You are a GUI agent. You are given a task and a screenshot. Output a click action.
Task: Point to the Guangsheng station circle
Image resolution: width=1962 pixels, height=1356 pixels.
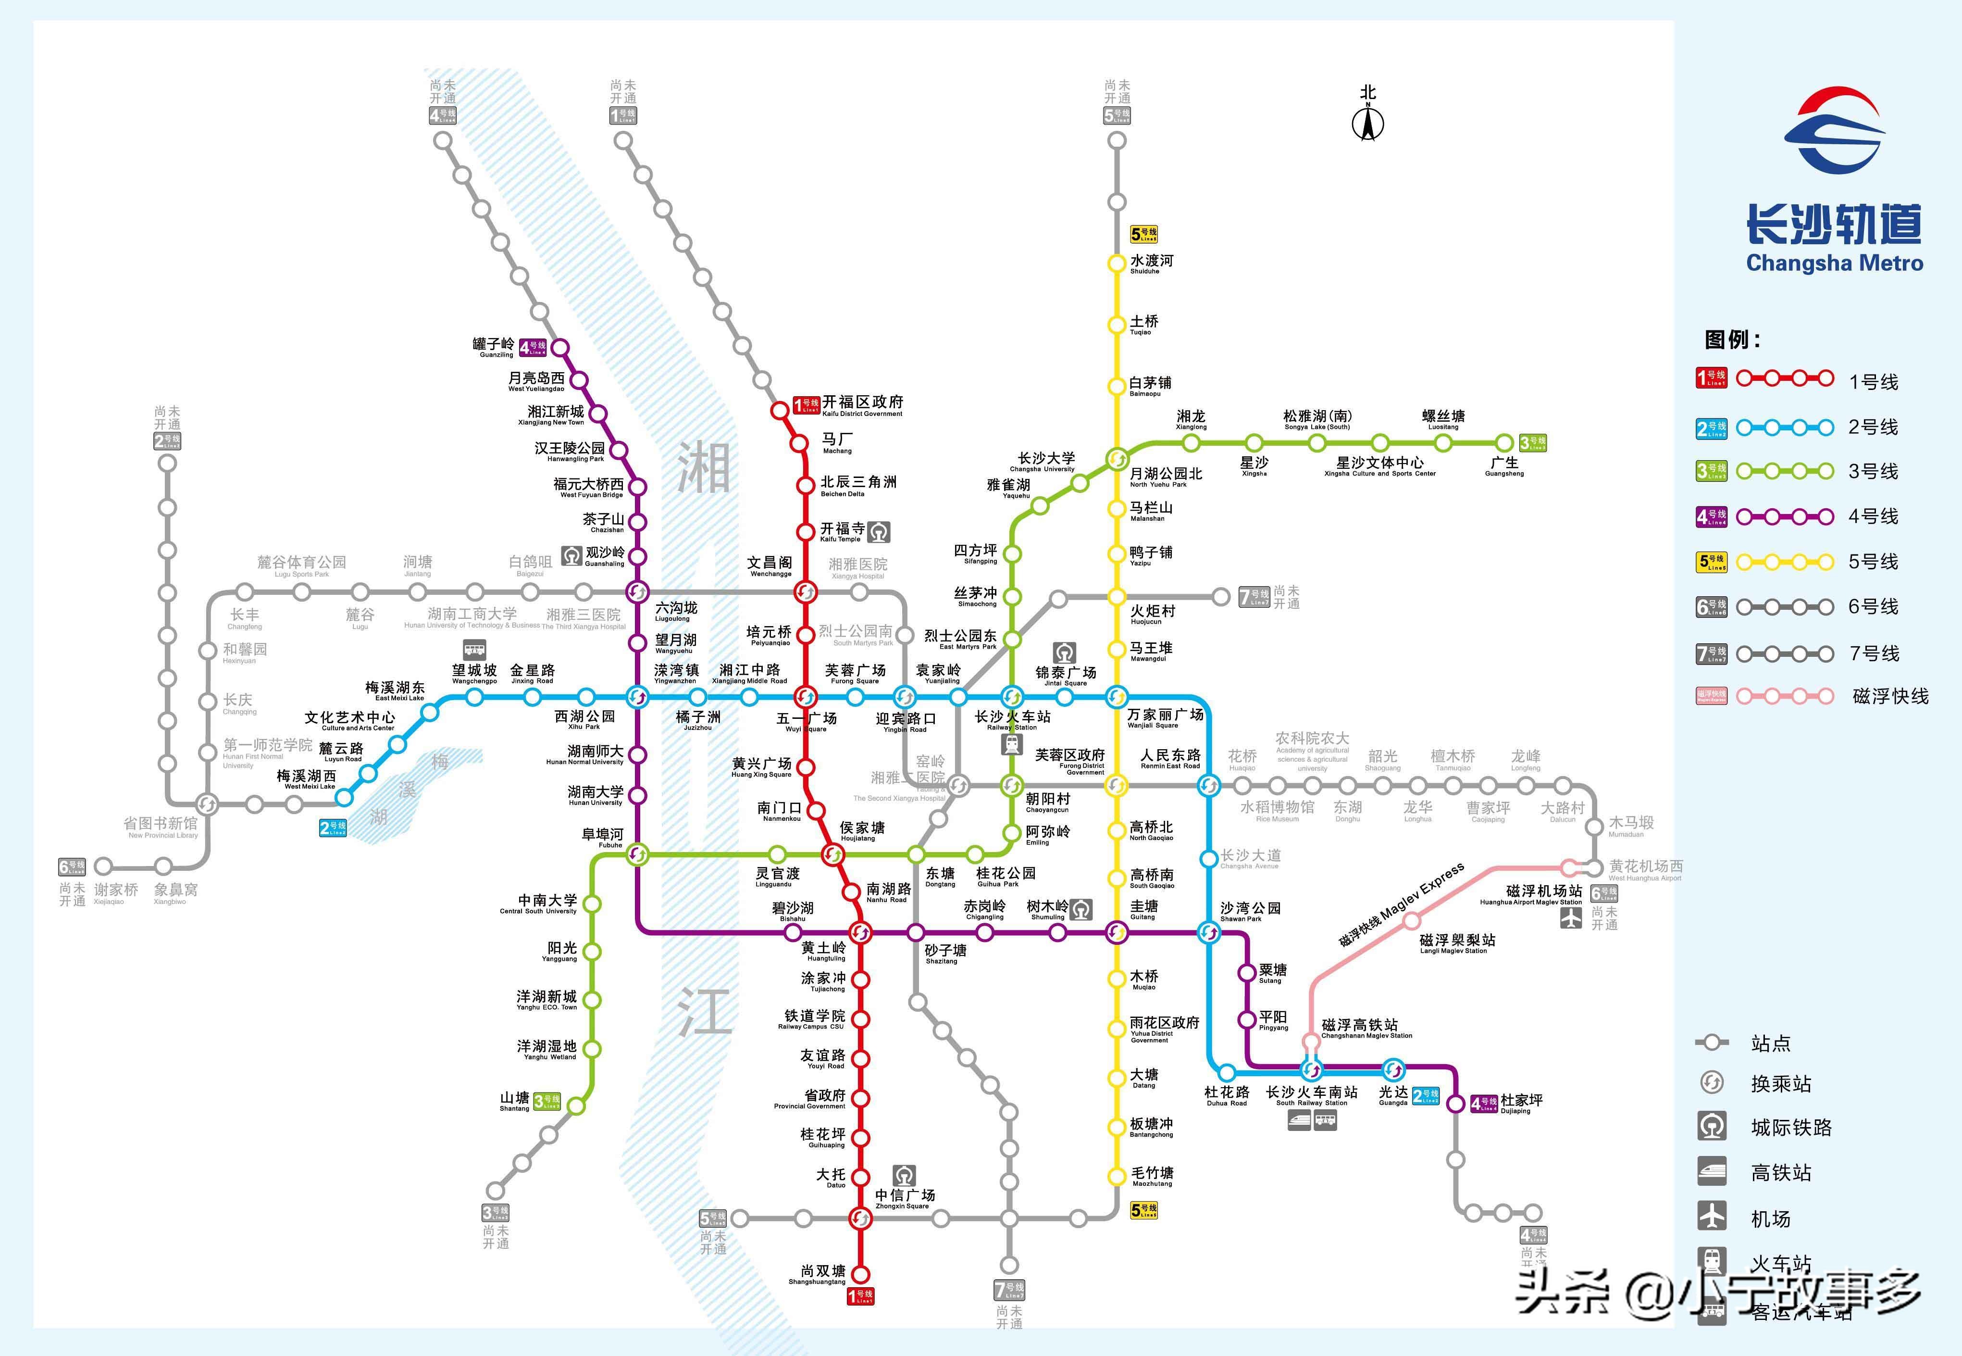coord(1504,443)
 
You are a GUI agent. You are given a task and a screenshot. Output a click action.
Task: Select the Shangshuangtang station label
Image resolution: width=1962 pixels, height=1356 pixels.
coord(823,1274)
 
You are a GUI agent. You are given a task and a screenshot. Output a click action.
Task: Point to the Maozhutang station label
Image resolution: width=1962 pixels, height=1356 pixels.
coord(1152,1176)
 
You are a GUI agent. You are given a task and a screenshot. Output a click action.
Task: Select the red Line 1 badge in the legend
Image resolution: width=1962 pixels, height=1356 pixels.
coord(1712,378)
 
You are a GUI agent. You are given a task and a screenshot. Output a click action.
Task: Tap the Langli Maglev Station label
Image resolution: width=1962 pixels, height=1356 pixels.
coord(1457,943)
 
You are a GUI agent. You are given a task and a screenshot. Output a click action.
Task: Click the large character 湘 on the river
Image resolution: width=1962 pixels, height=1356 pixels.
coord(703,468)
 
